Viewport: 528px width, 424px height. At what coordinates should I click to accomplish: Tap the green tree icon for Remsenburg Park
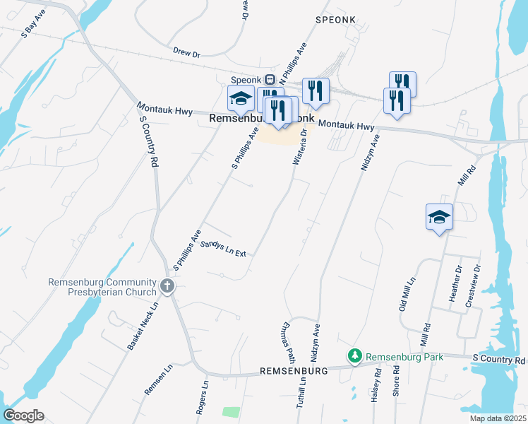point(355,357)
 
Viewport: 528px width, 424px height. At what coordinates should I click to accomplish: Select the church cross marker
point(167,286)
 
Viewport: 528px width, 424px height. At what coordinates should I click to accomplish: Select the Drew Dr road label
point(187,52)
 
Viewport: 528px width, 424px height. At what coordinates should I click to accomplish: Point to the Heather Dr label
point(455,283)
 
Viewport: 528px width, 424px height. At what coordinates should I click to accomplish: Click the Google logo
point(23,416)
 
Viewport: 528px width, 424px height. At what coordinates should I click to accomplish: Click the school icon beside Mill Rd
point(439,216)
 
